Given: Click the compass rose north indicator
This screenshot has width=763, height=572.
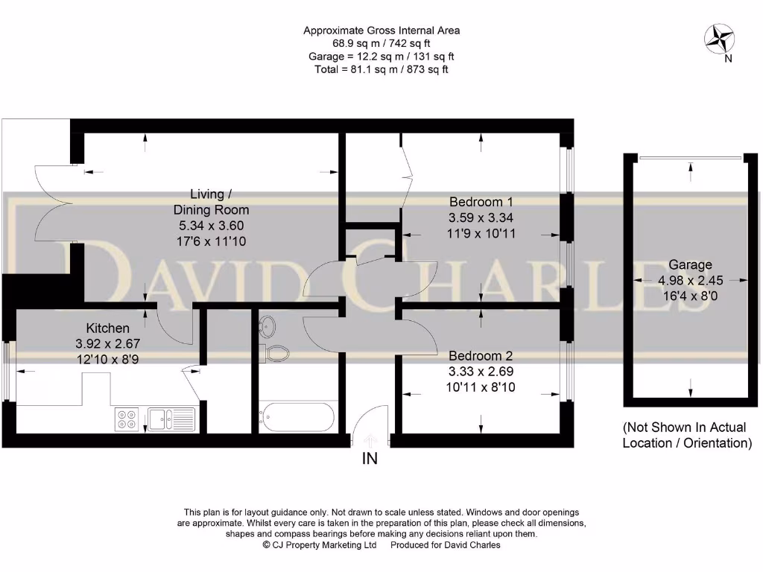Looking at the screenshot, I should click(x=721, y=39).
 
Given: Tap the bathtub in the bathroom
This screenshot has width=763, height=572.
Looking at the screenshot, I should click(x=297, y=417).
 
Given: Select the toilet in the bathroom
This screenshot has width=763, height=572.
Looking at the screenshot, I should click(x=277, y=352).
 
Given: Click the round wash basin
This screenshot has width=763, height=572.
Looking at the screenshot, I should click(x=268, y=325).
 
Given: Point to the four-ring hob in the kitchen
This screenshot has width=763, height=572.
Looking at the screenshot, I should click(x=127, y=419).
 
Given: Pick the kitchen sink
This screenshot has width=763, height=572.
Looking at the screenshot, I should click(x=171, y=419).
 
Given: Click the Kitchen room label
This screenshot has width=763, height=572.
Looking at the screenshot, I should click(x=108, y=328).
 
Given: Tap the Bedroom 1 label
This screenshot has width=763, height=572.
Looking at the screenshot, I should click(x=481, y=202).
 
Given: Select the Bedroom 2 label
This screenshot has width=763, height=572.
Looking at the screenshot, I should click(x=481, y=356).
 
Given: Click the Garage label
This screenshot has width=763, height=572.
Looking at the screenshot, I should click(x=689, y=264).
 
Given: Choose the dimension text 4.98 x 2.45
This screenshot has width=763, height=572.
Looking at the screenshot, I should click(x=689, y=280).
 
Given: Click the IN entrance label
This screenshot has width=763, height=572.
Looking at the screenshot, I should click(x=370, y=459).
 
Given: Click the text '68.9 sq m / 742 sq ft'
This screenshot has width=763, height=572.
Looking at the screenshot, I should click(x=381, y=43).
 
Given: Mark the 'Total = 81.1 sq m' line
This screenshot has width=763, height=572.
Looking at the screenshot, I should click(x=381, y=69).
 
